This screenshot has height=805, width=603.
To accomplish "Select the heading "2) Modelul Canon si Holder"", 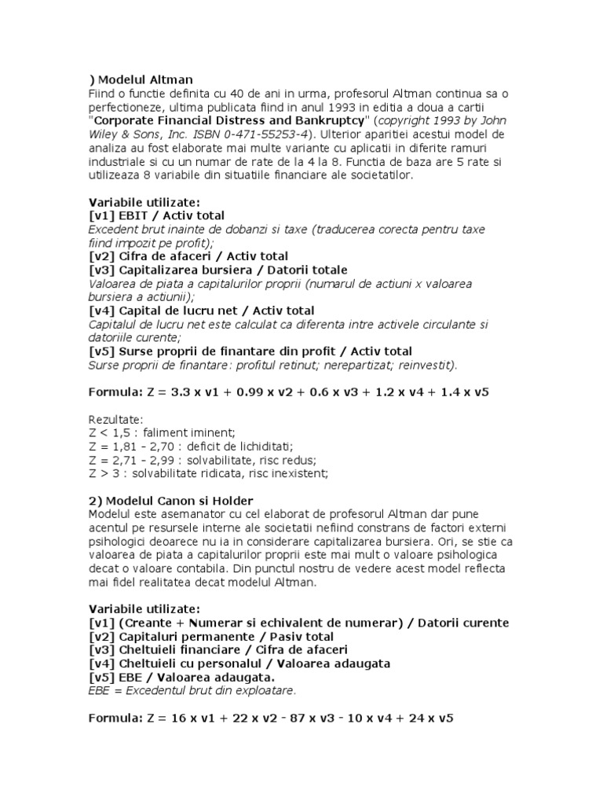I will (x=170, y=501).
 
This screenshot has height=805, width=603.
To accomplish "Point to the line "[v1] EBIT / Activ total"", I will (x=157, y=215).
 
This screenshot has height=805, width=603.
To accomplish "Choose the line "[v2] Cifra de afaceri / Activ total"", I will (x=189, y=255).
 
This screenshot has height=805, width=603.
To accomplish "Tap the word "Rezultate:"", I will (x=116, y=419).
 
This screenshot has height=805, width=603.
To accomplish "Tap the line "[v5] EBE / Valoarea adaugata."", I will (x=182, y=677).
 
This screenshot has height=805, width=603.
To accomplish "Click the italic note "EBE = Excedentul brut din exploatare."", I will (x=192, y=690).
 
